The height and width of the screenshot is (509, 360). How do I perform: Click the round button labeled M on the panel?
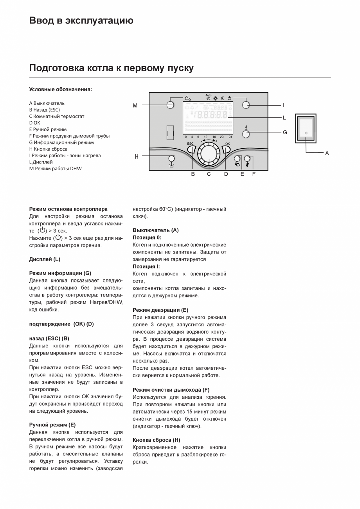170,105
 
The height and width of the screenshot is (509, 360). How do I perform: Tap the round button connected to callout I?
246,105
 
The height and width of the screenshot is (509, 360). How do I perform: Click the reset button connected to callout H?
171,158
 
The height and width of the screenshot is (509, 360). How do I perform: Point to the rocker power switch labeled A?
306,129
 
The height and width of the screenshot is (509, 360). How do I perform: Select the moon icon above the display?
223,98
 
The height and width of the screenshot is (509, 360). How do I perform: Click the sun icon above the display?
216,98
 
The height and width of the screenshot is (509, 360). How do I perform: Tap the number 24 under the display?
230,137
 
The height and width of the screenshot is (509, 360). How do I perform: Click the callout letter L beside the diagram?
284,117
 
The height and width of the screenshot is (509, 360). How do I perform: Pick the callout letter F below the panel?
254,174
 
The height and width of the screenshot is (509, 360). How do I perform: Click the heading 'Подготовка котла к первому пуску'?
111,68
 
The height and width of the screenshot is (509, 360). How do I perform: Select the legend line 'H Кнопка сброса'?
48,149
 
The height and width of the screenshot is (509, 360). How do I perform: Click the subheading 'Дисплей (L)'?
45,259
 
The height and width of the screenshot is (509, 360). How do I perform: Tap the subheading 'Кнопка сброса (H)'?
157,440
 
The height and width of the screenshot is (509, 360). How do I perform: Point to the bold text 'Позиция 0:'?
147,237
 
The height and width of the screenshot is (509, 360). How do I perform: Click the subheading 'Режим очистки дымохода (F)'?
171,390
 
